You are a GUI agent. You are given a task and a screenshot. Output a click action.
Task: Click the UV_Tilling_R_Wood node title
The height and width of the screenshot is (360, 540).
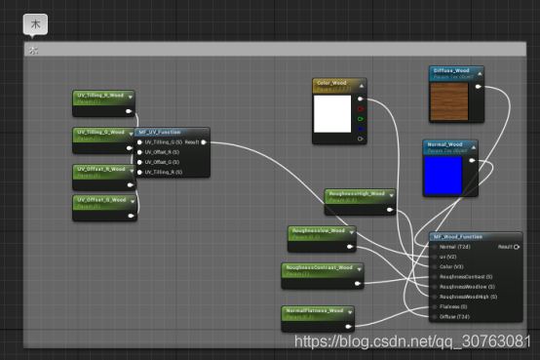coord(101,95)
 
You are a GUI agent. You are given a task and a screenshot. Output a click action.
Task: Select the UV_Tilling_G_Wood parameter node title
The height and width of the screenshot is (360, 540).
coord(101,132)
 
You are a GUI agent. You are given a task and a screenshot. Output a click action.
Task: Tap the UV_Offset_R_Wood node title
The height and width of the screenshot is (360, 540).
coord(101,169)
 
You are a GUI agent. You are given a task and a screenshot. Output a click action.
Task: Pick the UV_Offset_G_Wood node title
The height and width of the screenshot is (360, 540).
coord(101,200)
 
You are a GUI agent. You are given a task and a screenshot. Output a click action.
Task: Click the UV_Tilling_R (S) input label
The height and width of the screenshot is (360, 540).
coord(166,172)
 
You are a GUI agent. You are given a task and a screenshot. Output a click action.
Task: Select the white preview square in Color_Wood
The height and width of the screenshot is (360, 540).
coord(332,115)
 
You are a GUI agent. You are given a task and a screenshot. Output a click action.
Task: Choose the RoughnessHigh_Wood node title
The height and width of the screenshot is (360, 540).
coord(357,193)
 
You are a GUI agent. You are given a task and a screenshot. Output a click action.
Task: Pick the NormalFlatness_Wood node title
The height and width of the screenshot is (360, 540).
coord(315,310)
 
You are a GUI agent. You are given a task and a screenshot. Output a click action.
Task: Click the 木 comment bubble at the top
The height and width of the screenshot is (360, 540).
coord(34,23)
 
